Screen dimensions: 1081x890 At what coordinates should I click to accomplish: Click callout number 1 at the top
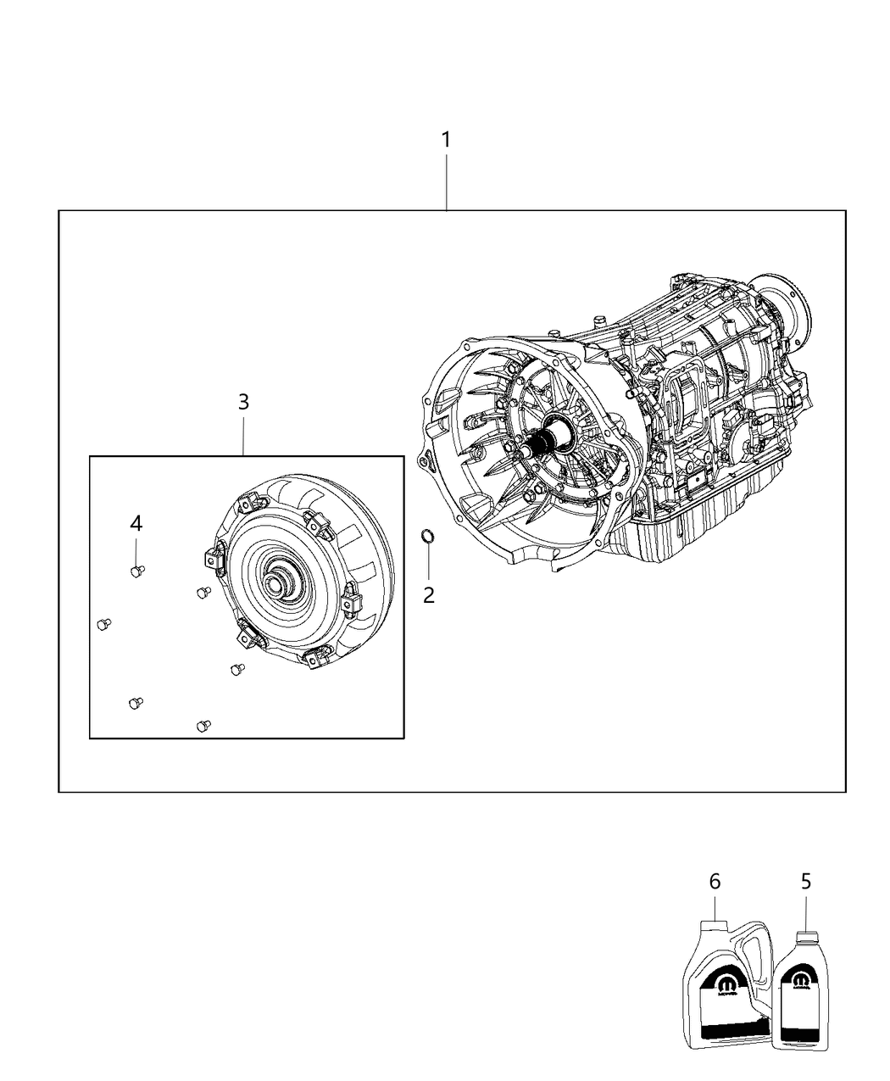pos(445,140)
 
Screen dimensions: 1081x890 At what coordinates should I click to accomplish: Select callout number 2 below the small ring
pos(429,595)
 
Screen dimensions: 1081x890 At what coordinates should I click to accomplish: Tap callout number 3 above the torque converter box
pos(243,402)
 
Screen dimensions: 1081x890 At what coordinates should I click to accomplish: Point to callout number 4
pos(136,524)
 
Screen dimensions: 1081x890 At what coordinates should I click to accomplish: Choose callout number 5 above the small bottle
pos(806,882)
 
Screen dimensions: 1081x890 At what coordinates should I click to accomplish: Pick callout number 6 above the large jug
pos(715,882)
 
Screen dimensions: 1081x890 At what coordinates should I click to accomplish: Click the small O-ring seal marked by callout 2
pos(429,535)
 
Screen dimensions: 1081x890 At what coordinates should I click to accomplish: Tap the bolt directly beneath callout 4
pos(136,571)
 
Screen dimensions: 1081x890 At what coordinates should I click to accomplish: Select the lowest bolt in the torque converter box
pos(203,726)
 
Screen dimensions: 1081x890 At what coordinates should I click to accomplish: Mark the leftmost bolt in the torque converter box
pos(103,624)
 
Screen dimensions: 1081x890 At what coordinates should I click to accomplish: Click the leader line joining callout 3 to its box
pos(243,435)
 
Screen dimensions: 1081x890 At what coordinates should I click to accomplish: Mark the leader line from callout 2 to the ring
pos(429,562)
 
